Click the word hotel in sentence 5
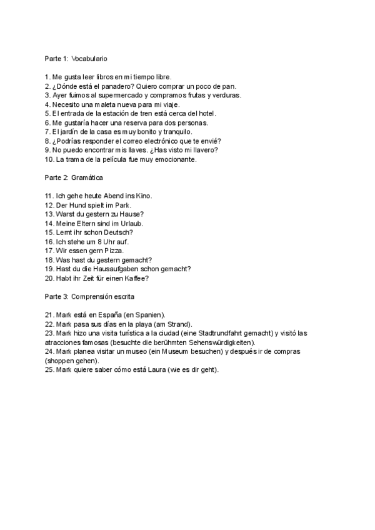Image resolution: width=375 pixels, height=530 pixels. click(223, 114)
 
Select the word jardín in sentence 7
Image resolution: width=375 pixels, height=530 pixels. click(71, 132)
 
